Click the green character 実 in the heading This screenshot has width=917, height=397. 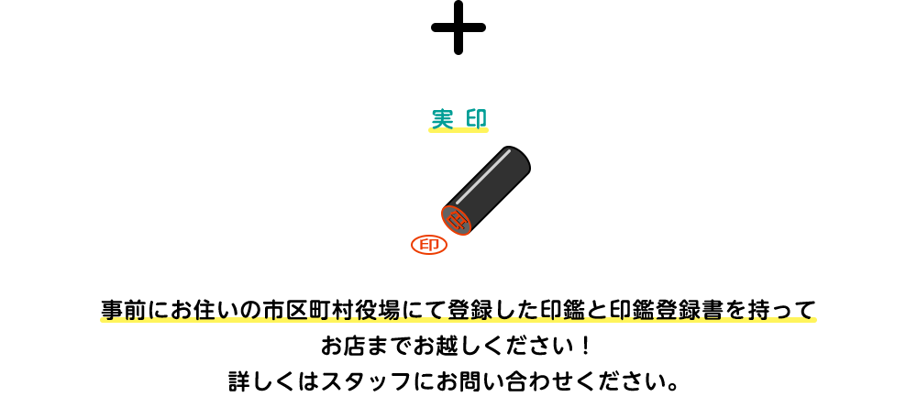click(x=442, y=118)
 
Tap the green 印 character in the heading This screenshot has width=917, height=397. click(x=476, y=118)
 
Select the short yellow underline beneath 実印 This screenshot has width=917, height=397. click(x=458, y=130)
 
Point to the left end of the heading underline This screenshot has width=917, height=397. click(x=430, y=130)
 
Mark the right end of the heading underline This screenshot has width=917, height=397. click(x=487, y=130)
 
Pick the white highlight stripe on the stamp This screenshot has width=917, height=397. click(x=482, y=176)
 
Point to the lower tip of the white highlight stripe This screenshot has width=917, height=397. click(x=458, y=201)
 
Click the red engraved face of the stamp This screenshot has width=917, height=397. click(x=456, y=220)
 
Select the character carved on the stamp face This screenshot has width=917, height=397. click(x=457, y=220)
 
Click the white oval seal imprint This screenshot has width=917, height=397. click(x=429, y=245)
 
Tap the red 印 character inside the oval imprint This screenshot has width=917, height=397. click(x=429, y=245)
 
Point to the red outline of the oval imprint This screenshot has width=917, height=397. click(x=413, y=245)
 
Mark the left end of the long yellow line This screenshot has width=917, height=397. click(x=102, y=320)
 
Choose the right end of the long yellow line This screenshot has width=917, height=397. click(x=815, y=320)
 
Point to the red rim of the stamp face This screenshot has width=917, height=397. click(x=444, y=214)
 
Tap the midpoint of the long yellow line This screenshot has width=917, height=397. click(x=458, y=320)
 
